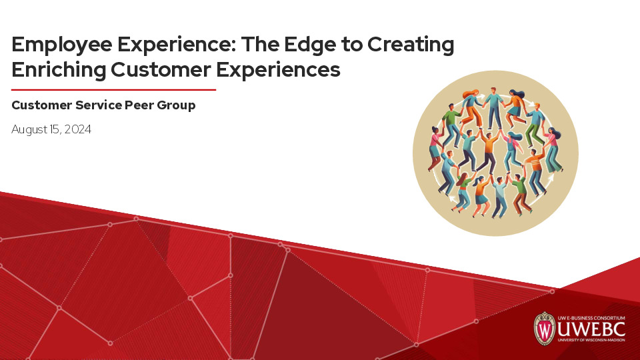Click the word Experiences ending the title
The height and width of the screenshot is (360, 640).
(278, 69)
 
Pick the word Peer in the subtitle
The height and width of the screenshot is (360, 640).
(141, 105)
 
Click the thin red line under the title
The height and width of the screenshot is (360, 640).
(113, 89)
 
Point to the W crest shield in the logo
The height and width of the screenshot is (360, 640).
(545, 328)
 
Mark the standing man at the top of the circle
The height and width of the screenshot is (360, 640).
(494, 107)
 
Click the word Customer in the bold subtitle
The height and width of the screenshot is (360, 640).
(41, 105)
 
